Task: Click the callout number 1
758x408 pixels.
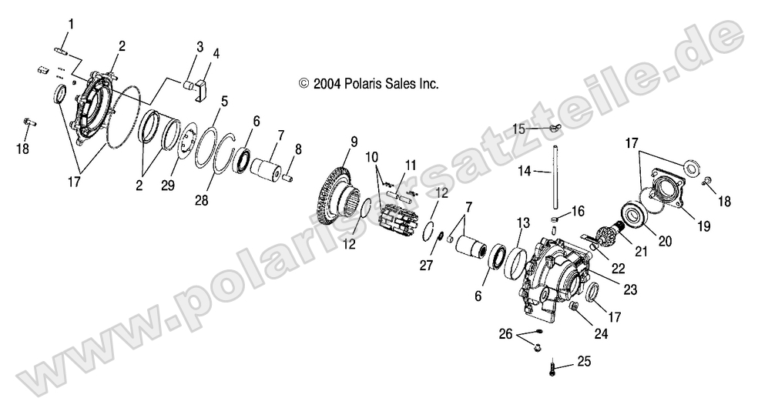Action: (71, 24)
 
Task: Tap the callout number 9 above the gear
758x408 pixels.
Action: (354, 142)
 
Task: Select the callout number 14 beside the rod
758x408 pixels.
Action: (525, 171)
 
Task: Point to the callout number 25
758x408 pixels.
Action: (584, 361)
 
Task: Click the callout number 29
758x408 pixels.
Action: (168, 186)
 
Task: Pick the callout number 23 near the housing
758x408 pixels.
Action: (630, 289)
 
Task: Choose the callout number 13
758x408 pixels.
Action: (523, 223)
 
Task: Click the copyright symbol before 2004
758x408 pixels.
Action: (304, 84)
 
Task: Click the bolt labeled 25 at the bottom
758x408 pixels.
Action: (552, 369)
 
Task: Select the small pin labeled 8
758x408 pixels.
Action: (287, 178)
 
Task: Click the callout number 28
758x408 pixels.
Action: (202, 199)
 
